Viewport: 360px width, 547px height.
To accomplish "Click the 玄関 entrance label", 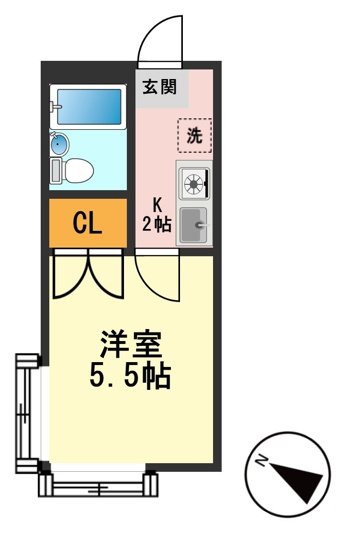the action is point(159,87).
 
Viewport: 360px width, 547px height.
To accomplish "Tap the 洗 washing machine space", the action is point(194,136).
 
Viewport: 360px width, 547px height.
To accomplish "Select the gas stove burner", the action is point(194,183).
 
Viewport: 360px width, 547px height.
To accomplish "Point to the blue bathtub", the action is point(89,107).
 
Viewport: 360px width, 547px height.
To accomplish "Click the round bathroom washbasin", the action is point(59,144).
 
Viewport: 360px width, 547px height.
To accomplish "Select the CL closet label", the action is point(88,223).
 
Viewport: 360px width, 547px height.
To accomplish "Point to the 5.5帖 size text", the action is point(130,376).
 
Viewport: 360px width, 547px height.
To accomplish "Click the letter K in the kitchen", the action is point(157,205).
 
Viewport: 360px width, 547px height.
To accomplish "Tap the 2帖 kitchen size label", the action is point(157,224).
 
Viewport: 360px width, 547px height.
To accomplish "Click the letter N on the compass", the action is point(261,461).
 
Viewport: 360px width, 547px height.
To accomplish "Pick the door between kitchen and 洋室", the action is point(157,275).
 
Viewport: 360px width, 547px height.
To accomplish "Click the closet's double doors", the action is point(88,274).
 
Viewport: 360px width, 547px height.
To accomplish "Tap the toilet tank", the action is point(56,171).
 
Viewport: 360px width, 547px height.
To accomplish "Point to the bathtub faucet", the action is point(54,106).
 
